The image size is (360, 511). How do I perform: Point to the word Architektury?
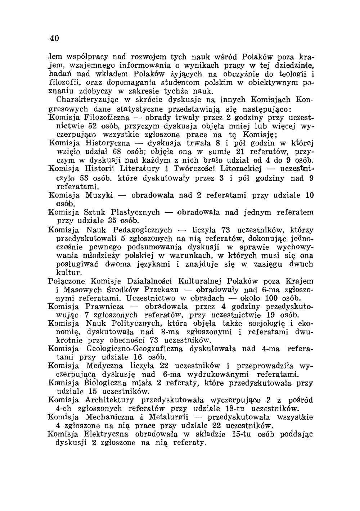109,400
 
